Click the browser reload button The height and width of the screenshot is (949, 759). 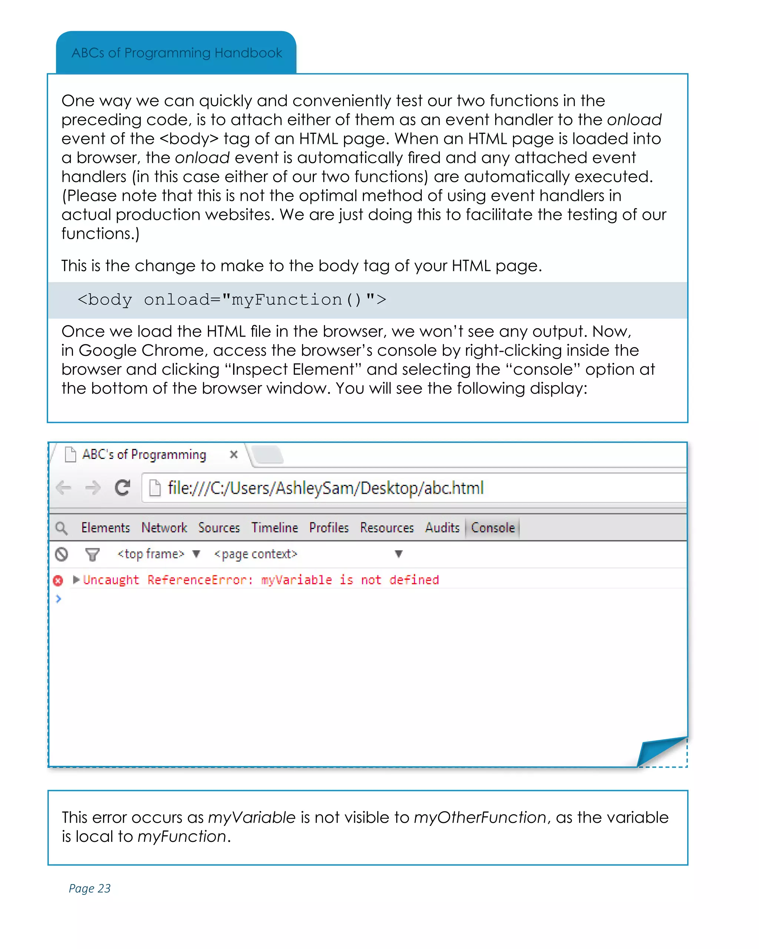pos(122,488)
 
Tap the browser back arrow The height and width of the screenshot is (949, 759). pos(64,488)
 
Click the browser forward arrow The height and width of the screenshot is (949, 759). pos(93,488)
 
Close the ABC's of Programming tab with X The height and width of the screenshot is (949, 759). pos(233,454)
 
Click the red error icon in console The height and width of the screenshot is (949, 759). pos(58,581)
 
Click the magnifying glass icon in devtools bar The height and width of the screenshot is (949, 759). pos(62,528)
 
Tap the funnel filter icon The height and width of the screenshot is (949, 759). pos(92,554)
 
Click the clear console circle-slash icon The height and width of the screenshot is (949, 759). pos(62,554)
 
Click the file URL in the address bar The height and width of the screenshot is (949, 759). pos(326,488)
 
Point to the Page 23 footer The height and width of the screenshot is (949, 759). pos(89,888)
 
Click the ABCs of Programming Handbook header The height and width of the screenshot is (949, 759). pos(176,53)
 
